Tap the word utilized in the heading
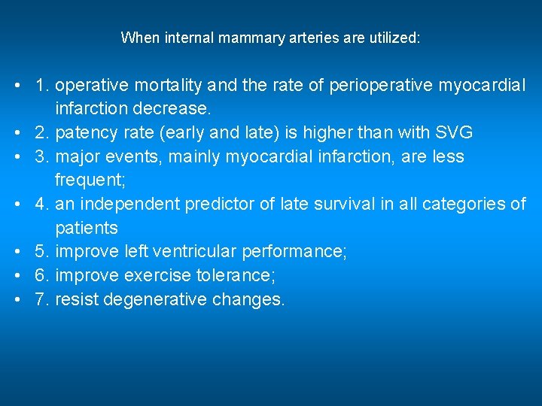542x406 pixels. [393, 38]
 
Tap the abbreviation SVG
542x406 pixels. [454, 133]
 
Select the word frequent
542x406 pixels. [87, 180]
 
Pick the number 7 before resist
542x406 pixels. [41, 299]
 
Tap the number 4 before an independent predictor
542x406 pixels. [41, 204]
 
